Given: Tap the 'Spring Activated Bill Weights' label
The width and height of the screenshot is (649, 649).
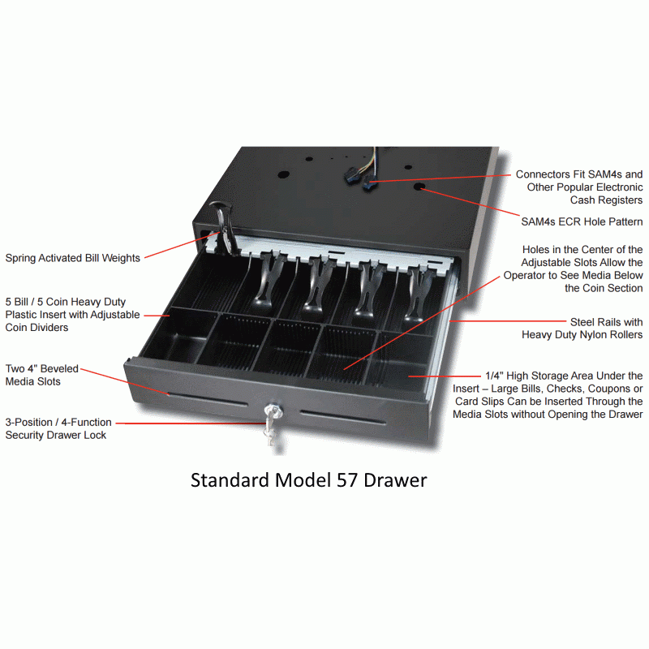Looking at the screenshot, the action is coord(73,258).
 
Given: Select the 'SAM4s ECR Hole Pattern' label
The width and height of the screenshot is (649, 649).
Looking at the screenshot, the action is coord(582,221).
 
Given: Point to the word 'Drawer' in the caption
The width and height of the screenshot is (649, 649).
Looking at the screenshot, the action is coord(395,480).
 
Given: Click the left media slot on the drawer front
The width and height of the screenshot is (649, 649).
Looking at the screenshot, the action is coord(208,398).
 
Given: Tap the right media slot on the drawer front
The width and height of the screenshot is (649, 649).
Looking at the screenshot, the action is coord(343,417).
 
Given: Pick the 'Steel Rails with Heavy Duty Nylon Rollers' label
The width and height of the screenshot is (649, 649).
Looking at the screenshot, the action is coord(582,329).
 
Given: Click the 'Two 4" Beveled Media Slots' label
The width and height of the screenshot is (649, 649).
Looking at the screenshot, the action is coord(42,375).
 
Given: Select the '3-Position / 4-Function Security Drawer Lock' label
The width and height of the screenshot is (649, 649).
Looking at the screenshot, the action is coord(58,429).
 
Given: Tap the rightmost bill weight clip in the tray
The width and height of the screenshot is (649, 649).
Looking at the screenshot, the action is coord(418,294).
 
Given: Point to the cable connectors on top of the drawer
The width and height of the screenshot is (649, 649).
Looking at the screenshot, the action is coord(360,178).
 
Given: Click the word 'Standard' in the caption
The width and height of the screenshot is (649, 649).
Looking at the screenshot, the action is coord(230,480).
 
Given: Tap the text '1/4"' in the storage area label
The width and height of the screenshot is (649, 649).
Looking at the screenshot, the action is coord(494,376).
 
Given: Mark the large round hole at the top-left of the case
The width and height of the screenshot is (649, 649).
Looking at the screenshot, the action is coord(283,174).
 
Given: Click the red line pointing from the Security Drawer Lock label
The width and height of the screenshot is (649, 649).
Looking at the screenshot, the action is coord(191,423).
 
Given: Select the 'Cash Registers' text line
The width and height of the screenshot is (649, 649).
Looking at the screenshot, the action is coord(606,200).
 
